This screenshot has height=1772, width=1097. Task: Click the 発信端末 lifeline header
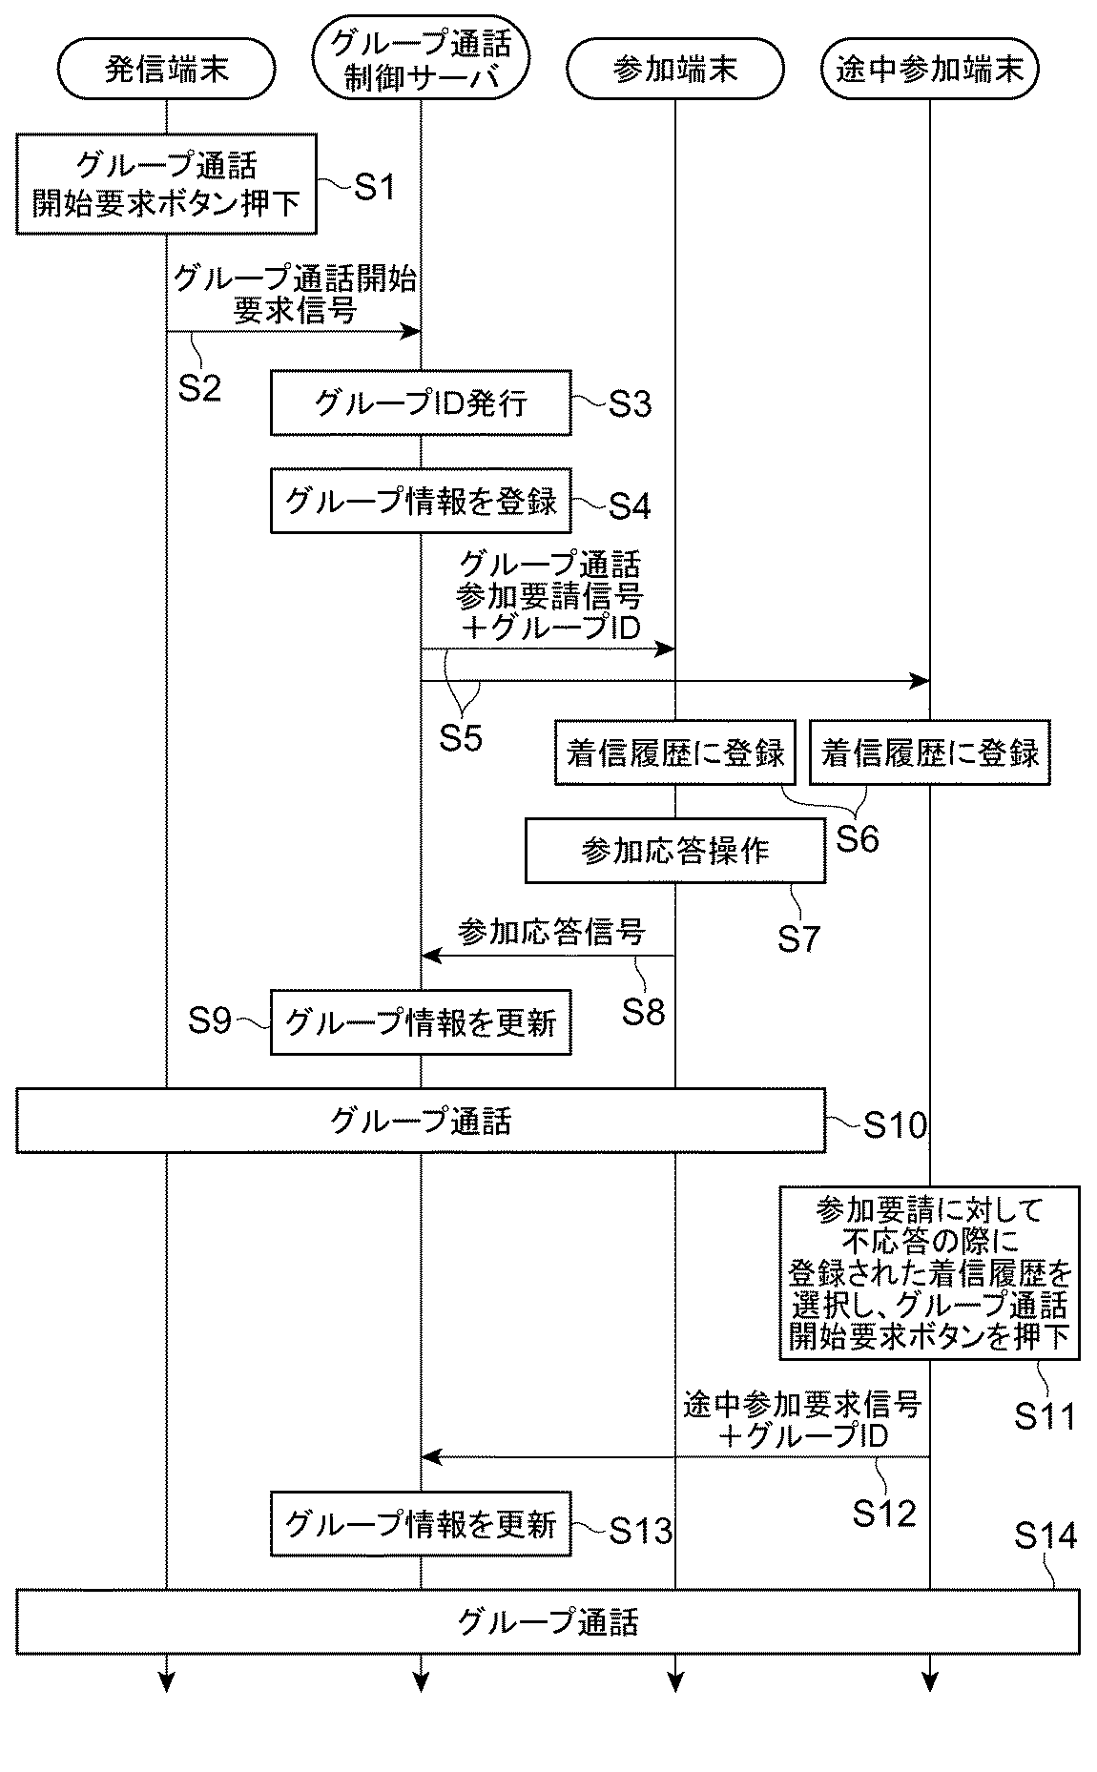[166, 69]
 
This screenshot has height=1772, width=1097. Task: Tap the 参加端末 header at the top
[674, 69]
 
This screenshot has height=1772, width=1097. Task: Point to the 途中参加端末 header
[929, 69]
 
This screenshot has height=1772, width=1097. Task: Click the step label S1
[375, 187]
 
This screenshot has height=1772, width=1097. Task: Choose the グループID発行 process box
[421, 402]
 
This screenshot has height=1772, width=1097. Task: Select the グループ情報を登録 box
[421, 500]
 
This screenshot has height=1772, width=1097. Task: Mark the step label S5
[461, 736]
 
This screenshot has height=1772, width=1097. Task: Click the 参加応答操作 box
[675, 850]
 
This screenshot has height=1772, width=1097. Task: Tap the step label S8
[644, 1011]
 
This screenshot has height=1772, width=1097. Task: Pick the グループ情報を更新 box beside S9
[421, 1022]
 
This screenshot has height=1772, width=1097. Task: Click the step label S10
[896, 1125]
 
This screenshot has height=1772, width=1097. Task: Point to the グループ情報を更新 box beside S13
[421, 1524]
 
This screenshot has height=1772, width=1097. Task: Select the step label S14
[1045, 1535]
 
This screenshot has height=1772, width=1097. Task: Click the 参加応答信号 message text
[551, 931]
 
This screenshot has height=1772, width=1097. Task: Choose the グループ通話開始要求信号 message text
[295, 295]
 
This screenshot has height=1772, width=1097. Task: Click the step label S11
[1045, 1417]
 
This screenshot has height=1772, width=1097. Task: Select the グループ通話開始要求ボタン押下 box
[166, 183]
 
